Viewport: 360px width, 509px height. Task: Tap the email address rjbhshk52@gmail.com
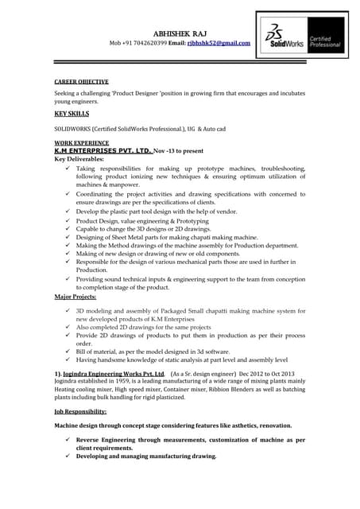point(219,43)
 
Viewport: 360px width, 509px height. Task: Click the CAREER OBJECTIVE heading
point(81,82)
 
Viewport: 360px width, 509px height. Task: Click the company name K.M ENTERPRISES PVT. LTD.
point(103,149)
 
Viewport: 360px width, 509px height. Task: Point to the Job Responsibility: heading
point(80,411)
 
